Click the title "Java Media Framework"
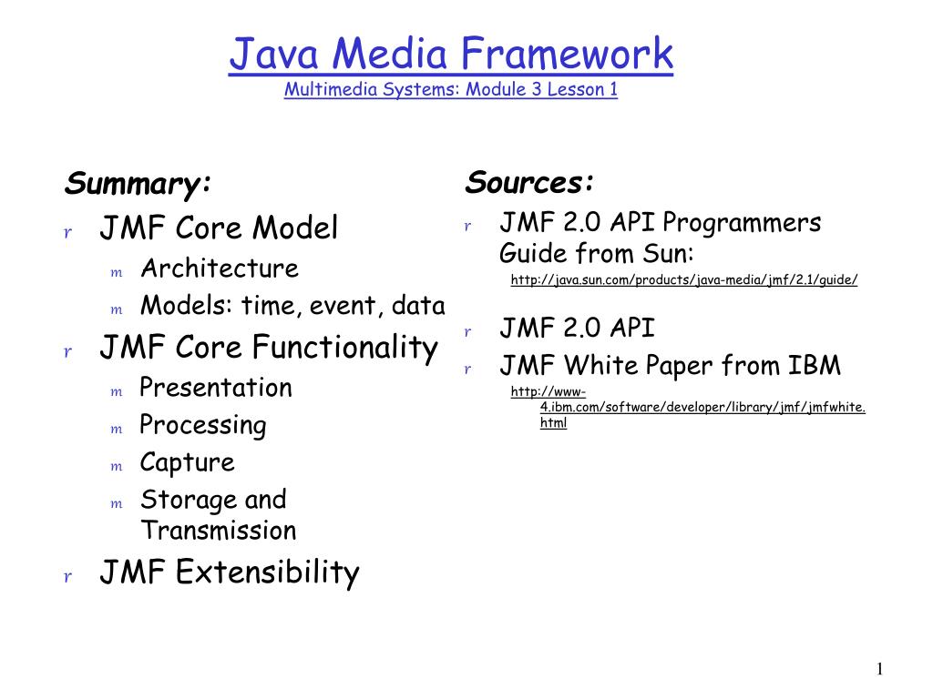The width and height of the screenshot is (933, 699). click(x=451, y=54)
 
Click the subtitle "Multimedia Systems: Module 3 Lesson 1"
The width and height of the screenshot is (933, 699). click(x=451, y=90)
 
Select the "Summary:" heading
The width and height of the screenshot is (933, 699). click(x=138, y=184)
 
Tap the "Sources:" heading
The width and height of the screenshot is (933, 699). click(x=530, y=183)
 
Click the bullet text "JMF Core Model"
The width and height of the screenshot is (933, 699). click(x=219, y=228)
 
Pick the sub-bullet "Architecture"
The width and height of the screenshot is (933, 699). click(x=220, y=268)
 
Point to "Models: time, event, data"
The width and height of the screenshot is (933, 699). click(x=292, y=306)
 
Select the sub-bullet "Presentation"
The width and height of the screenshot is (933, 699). click(x=216, y=388)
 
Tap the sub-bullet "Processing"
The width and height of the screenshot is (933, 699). click(x=203, y=425)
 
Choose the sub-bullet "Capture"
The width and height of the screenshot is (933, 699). click(x=188, y=462)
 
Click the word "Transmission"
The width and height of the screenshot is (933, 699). click(x=219, y=531)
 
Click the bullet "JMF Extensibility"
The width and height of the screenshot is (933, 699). click(x=230, y=572)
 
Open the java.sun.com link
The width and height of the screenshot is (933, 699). click(x=684, y=280)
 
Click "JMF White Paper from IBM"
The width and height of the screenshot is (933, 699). click(x=670, y=366)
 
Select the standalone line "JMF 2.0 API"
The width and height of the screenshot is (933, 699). click(x=577, y=329)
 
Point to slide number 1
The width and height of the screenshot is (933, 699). click(x=879, y=670)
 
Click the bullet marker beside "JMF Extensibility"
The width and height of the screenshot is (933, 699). click(x=67, y=576)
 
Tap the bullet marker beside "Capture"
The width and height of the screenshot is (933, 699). click(x=116, y=466)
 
